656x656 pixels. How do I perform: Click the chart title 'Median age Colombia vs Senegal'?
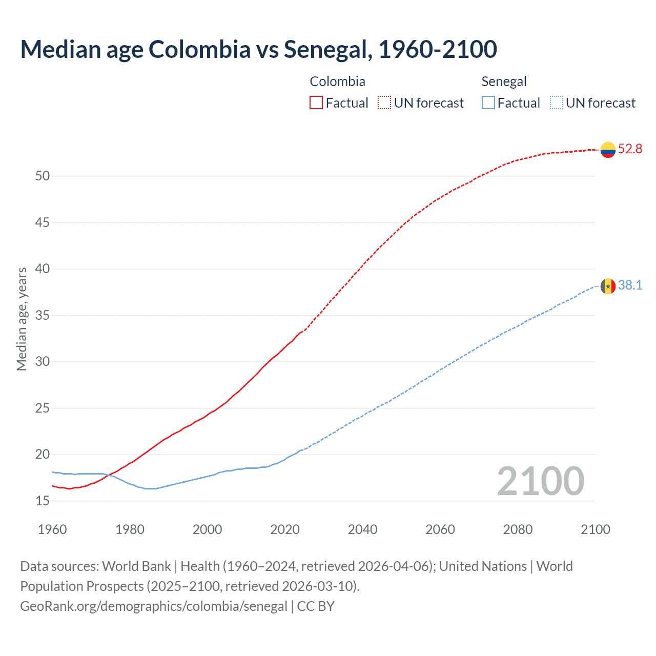[258, 49]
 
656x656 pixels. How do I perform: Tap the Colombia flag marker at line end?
[608, 150]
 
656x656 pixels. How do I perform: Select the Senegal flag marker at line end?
[608, 286]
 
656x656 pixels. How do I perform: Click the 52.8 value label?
[630, 149]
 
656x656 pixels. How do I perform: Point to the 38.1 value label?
[630, 285]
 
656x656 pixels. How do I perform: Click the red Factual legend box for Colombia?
[316, 103]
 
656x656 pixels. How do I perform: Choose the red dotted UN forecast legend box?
[384, 103]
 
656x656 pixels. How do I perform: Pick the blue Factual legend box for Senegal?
[488, 103]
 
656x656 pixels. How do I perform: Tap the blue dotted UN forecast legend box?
[557, 103]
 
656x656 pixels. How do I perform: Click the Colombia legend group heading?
[337, 81]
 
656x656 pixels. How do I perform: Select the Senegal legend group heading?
[504, 81]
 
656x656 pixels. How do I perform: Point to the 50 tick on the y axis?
[43, 176]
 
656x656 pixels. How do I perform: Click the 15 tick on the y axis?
[43, 501]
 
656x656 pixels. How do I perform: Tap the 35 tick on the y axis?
[43, 315]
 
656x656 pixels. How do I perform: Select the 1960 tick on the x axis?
[52, 529]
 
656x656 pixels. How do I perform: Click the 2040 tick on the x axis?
[362, 529]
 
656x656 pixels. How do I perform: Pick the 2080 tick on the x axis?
[518, 529]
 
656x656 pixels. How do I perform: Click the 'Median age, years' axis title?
[22, 319]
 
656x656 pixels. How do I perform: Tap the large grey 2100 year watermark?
[540, 481]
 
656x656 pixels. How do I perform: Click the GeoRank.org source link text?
[154, 606]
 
